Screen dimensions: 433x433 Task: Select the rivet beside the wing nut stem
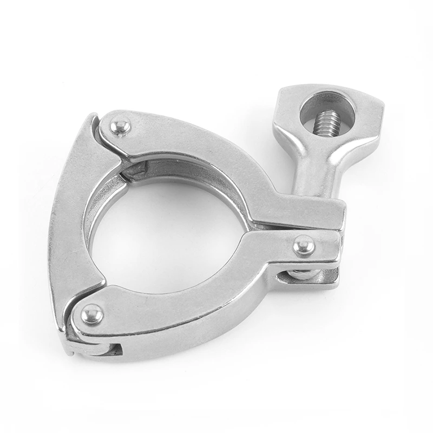coord(303,246)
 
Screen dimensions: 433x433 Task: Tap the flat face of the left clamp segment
coord(70,227)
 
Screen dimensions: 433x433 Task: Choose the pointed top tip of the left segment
coord(94,116)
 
